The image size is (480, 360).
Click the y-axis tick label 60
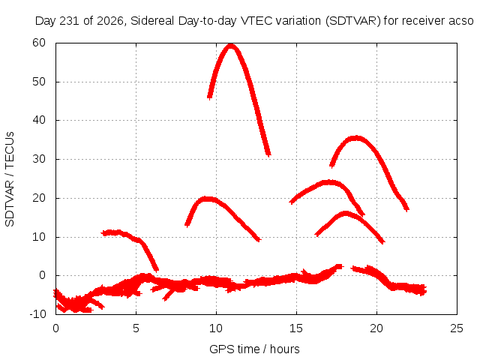pyautogui.click(x=39, y=43)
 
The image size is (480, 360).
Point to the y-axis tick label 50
pyautogui.click(x=39, y=82)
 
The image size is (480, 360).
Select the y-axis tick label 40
pyautogui.click(x=39, y=120)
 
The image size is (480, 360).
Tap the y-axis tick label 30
pyautogui.click(x=39, y=159)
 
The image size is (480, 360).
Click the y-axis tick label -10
pyautogui.click(x=37, y=314)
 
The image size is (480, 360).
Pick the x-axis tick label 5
pyautogui.click(x=136, y=328)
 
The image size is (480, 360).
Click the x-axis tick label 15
pyautogui.click(x=296, y=328)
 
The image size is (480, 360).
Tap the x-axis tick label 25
pyautogui.click(x=457, y=328)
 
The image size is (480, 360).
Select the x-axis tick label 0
pyautogui.click(x=55, y=328)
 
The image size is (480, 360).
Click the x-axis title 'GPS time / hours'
pyautogui.click(x=254, y=349)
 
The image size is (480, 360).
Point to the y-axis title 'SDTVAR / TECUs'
pyautogui.click(x=10, y=179)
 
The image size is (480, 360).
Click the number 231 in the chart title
pyautogui.click(x=70, y=21)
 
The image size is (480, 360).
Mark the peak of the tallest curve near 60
pyautogui.click(x=231, y=46)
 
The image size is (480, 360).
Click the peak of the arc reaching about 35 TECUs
pyautogui.click(x=355, y=138)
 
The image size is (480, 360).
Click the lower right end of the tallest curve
pyautogui.click(x=268, y=154)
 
